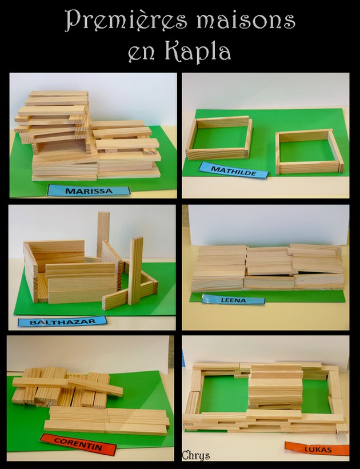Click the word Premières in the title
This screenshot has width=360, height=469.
[x=126, y=21]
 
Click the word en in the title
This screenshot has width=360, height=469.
[x=142, y=55]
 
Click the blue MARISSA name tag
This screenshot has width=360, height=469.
[x=89, y=190]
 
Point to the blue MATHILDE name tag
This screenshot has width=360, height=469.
[x=234, y=170]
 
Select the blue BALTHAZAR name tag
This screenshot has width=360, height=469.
[x=62, y=321]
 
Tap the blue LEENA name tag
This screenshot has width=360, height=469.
[x=233, y=300]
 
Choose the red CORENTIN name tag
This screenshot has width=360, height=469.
[x=78, y=444]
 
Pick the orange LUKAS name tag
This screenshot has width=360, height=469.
[x=317, y=448]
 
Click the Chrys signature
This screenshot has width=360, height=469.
[x=195, y=455]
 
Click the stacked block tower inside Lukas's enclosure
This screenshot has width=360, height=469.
[x=276, y=385]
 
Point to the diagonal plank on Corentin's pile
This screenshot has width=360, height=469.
[x=95, y=386]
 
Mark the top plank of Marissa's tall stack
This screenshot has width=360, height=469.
[x=58, y=94]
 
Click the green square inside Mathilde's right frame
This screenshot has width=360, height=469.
[x=307, y=151]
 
